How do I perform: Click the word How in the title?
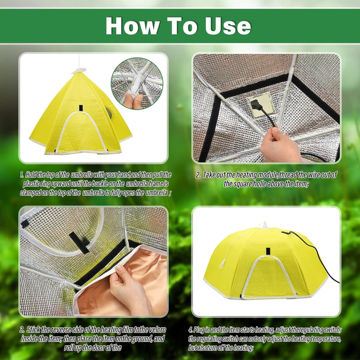(132, 26)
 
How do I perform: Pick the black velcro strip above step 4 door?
(267, 251)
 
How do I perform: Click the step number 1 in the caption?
(22, 175)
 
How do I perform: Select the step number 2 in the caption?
(198, 175)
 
